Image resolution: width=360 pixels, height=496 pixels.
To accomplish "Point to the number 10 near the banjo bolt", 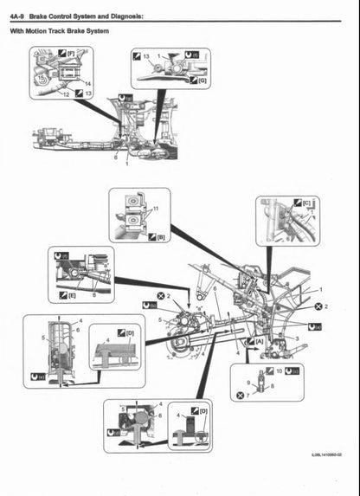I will (x=279, y=370).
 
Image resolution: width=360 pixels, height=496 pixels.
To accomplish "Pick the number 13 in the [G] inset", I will (x=146, y=55).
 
